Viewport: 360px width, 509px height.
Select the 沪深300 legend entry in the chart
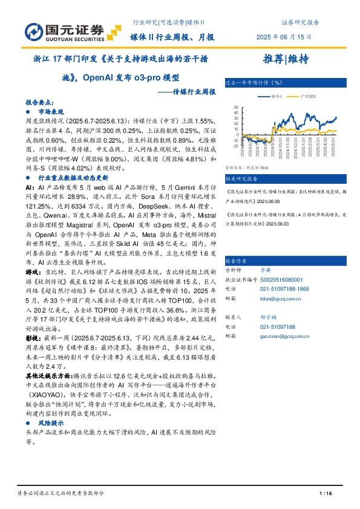click(308, 96)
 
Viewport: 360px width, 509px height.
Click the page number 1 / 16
click(326, 494)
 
